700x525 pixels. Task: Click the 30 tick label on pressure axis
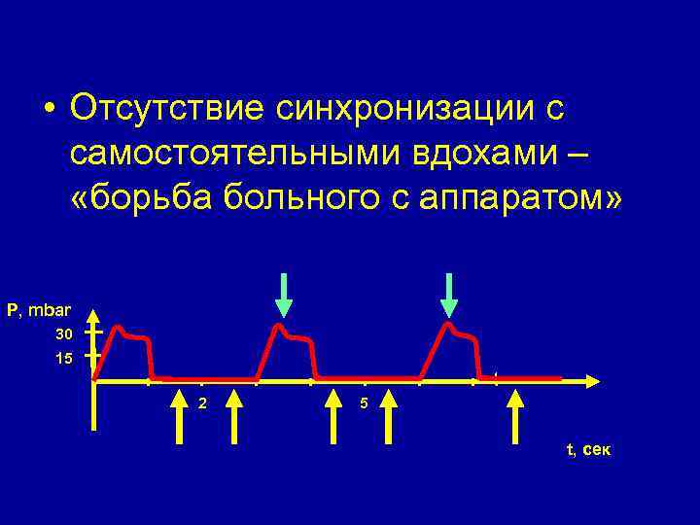[x=64, y=335]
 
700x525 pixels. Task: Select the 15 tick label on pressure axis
[x=64, y=359]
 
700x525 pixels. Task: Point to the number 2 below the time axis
[x=201, y=402]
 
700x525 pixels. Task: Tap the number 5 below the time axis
[x=363, y=402]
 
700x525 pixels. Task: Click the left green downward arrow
[x=283, y=295]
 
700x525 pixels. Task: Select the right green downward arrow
[x=448, y=295]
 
